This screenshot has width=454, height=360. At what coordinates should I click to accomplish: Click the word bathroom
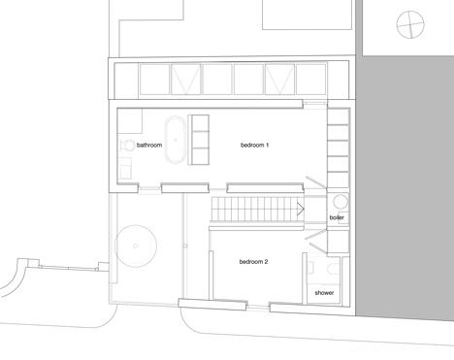click(x=149, y=145)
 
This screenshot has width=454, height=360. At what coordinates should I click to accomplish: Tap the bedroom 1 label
click(x=254, y=145)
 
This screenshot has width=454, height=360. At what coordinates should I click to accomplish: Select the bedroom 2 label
click(x=253, y=261)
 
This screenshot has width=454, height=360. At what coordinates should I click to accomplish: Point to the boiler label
click(x=337, y=217)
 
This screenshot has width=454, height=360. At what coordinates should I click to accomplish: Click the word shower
click(x=324, y=293)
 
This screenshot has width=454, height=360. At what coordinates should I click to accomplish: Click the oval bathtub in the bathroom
click(x=176, y=140)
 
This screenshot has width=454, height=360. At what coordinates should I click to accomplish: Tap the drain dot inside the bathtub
click(x=176, y=140)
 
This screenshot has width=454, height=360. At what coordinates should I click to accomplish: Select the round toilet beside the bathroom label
click(x=128, y=146)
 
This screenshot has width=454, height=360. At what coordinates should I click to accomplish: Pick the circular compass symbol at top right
click(x=410, y=24)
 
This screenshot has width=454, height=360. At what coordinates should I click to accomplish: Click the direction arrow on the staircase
click(x=301, y=209)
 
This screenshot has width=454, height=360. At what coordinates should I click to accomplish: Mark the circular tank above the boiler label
click(x=340, y=202)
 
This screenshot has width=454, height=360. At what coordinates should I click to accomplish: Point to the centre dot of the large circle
click(x=136, y=246)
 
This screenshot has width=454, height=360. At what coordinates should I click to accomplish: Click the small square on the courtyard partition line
click(x=184, y=245)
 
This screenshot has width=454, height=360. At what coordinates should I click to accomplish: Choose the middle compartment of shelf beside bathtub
click(x=201, y=140)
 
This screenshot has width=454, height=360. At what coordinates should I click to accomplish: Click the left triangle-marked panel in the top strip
click(x=185, y=80)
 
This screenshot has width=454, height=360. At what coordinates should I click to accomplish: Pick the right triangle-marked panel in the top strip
click(x=279, y=80)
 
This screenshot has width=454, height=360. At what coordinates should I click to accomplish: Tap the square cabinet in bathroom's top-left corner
click(x=130, y=121)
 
